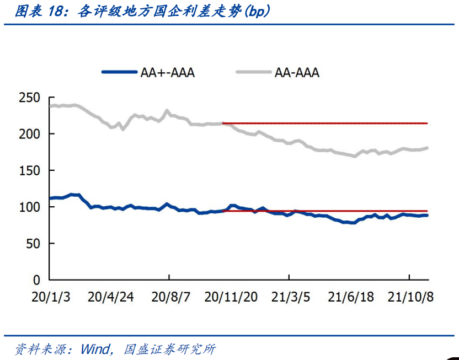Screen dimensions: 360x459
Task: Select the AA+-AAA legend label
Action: [x=167, y=72]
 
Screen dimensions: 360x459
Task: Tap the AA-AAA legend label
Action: [x=297, y=72]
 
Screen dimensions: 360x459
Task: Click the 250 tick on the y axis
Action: [x=30, y=98]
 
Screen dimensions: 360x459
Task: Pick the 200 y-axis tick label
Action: [x=30, y=134]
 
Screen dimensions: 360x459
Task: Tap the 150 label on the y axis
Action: [x=30, y=170]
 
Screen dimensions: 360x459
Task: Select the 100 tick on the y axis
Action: [x=30, y=207]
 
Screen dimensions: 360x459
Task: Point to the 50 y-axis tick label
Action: [x=33, y=243]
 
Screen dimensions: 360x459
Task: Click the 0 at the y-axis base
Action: [x=37, y=280]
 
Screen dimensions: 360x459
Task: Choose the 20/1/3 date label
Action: [x=50, y=297]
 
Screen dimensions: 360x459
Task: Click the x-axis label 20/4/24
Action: [x=110, y=297]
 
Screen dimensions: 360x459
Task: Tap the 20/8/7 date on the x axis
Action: [x=170, y=297]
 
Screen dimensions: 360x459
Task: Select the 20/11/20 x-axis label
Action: [x=231, y=297]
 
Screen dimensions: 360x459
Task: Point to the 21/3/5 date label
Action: [x=290, y=297]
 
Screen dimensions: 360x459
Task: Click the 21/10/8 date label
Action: [x=410, y=297]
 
